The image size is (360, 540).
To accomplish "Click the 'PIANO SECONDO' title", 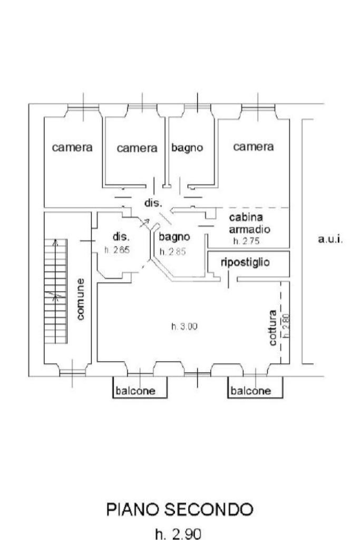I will point(180,510).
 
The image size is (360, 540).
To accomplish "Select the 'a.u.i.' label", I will point(330,239).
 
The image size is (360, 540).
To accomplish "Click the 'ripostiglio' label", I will point(246,262).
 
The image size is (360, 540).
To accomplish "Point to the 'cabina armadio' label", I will point(249,224).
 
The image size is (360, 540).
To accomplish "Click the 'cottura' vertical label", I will point(273,327).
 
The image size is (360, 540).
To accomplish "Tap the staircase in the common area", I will point(56,290).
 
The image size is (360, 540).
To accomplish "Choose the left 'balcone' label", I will point(137,391).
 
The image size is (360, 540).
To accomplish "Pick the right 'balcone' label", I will point(251,391).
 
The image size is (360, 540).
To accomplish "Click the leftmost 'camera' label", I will point(72,148).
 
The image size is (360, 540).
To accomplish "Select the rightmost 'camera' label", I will point(254,147).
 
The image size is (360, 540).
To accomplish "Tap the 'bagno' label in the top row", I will point(187,148).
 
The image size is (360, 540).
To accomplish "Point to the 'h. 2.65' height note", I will point(117,250).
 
